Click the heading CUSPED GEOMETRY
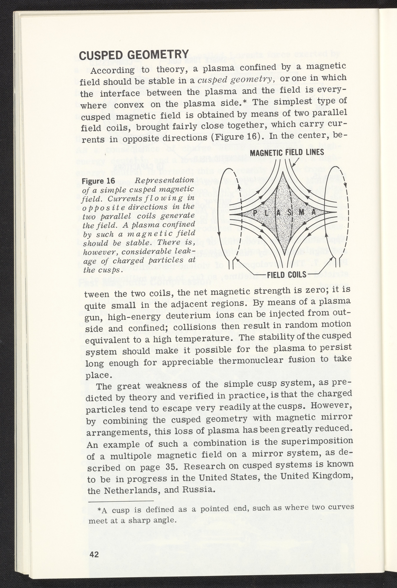click(134, 55)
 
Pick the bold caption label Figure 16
click(99, 181)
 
